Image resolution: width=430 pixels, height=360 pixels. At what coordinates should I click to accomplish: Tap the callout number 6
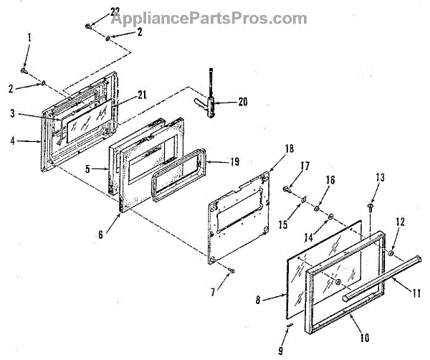tap(101, 233)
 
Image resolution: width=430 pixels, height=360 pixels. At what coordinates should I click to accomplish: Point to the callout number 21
tap(141, 94)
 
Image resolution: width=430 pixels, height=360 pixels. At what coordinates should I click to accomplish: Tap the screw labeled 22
tap(87, 26)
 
